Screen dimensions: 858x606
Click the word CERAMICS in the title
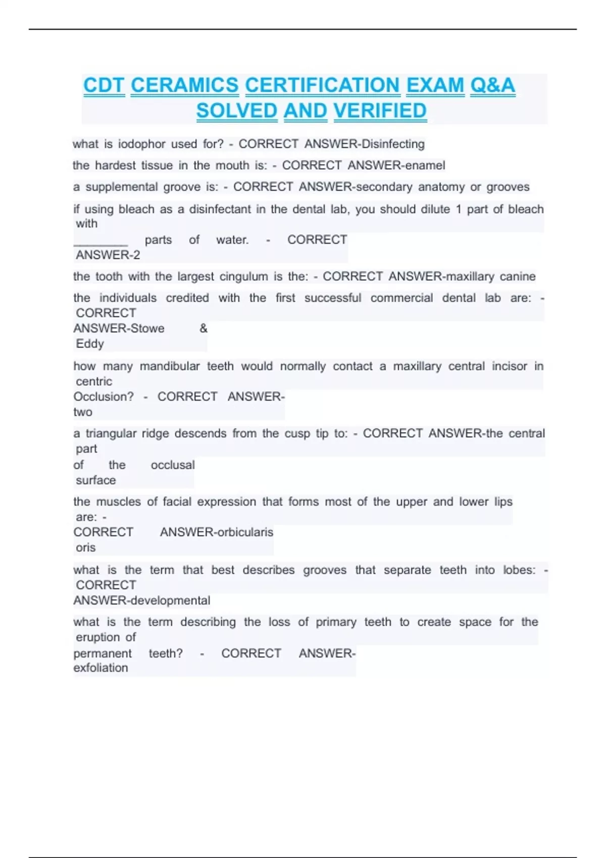tap(184, 85)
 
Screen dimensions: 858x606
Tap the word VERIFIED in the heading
tap(380, 111)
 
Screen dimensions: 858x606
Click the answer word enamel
tap(422, 166)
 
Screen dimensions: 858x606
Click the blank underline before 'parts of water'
tap(101, 241)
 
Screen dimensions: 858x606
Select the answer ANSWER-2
tap(108, 255)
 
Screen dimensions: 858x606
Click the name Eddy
tap(90, 344)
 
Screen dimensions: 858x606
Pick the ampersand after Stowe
tap(204, 329)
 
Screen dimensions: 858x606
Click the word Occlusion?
tap(104, 397)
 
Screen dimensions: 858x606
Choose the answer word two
tap(83, 412)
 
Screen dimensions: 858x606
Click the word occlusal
tap(173, 465)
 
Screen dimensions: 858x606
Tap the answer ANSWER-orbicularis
tap(216, 532)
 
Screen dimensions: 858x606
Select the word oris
tap(85, 548)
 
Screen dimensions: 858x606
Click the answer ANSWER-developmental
tap(142, 601)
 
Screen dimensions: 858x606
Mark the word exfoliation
tap(100, 668)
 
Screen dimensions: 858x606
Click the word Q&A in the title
tap(492, 85)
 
